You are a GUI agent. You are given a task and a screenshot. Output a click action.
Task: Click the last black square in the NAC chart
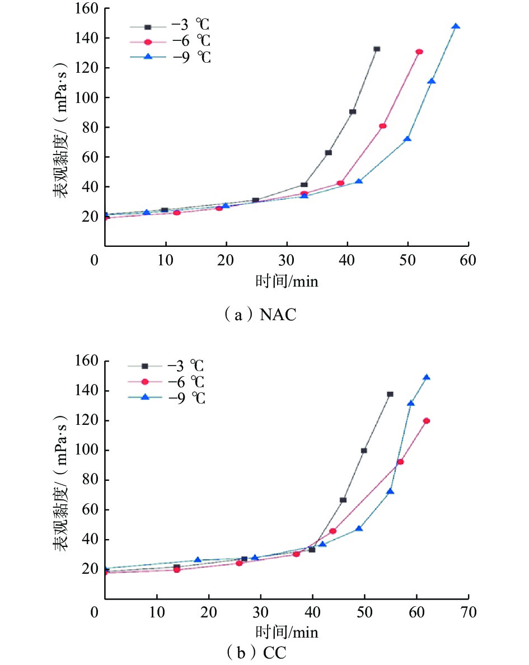click(x=377, y=49)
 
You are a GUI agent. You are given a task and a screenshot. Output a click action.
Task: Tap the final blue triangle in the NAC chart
click(x=456, y=26)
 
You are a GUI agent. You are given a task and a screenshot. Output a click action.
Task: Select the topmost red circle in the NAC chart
click(x=419, y=51)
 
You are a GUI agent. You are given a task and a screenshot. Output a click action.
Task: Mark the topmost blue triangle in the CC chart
click(x=427, y=377)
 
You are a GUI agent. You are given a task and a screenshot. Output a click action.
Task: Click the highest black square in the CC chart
click(x=390, y=394)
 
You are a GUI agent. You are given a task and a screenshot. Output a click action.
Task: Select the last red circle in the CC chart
click(x=427, y=420)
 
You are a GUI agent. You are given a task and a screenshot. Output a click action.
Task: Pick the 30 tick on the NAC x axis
click(x=287, y=261)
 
